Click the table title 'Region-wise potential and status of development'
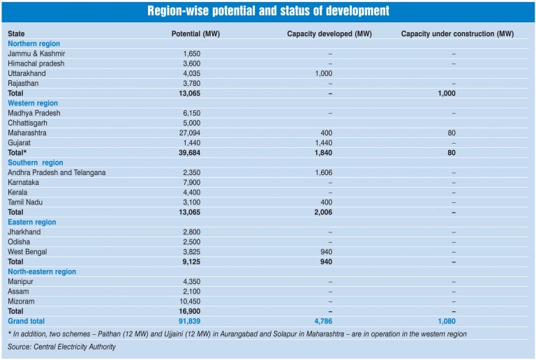[268, 12]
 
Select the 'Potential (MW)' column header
[197, 33]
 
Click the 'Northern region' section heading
[33, 44]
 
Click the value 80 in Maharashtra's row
[454, 133]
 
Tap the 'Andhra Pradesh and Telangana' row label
[57, 172]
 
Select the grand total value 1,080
[454, 321]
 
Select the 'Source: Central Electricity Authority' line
[61, 347]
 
